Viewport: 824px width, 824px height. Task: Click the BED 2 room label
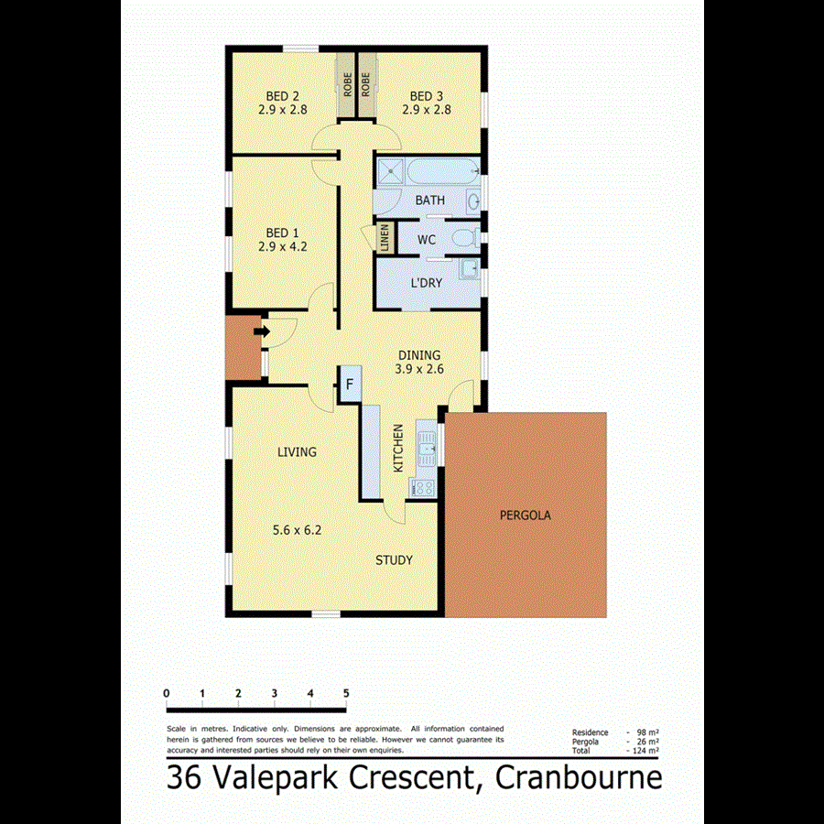click(x=283, y=96)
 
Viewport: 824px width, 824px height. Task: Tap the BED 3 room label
click(x=427, y=96)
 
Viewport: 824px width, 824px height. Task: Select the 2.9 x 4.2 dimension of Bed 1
click(x=283, y=246)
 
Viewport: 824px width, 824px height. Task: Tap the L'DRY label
click(x=426, y=283)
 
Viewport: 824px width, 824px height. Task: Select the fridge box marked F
click(x=349, y=385)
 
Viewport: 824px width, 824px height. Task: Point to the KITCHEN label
click(x=398, y=449)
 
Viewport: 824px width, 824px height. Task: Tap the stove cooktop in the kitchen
click(x=422, y=489)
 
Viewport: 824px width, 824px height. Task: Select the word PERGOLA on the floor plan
click(x=525, y=515)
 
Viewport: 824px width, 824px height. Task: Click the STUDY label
click(x=394, y=560)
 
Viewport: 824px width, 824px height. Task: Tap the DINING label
click(x=419, y=355)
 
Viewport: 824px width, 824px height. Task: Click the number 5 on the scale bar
click(x=346, y=693)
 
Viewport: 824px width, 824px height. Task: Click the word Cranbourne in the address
click(x=579, y=778)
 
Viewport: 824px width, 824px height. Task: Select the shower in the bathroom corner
click(x=392, y=170)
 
